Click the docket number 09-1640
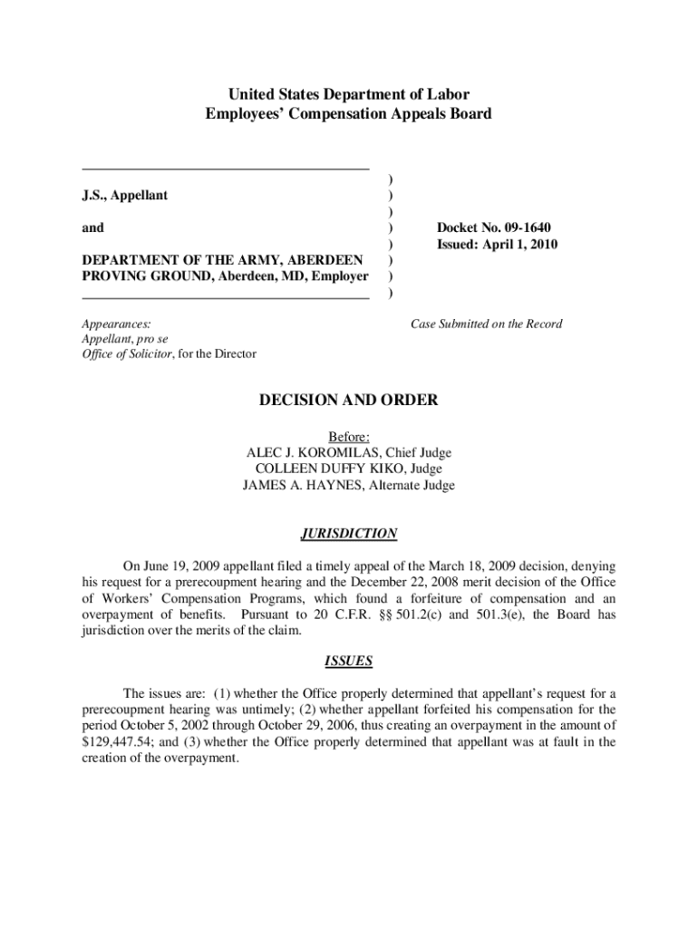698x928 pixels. [x=519, y=227]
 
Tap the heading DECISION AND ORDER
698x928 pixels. [x=349, y=400]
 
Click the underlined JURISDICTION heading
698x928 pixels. [x=349, y=534]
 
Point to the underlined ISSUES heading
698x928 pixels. [x=349, y=661]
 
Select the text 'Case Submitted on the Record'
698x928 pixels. [x=486, y=324]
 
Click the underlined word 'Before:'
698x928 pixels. [x=349, y=437]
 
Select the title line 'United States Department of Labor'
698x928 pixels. [x=349, y=94]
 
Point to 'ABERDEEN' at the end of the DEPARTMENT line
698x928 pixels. [x=329, y=260]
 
